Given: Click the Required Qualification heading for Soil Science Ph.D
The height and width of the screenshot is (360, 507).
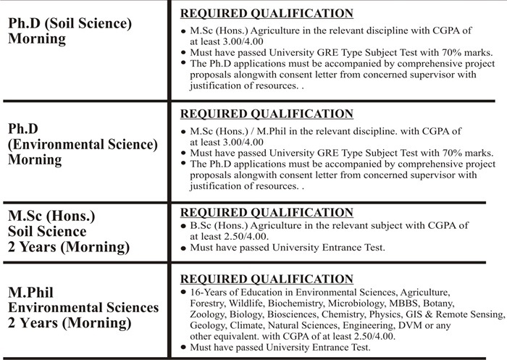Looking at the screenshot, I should tap(266, 13).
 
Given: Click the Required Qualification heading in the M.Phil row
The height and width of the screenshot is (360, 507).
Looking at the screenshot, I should tap(266, 278).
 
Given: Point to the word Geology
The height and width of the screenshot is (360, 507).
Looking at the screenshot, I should tap(206, 327).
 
